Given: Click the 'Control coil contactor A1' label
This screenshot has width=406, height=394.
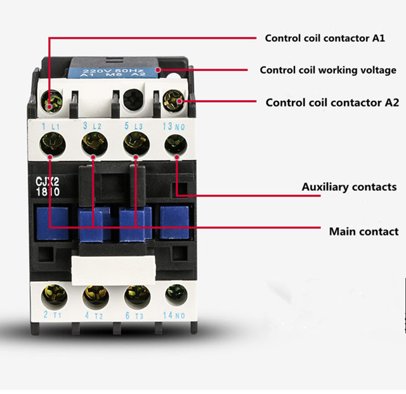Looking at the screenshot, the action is [325, 38].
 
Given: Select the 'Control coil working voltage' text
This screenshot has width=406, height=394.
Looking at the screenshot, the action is [328, 70].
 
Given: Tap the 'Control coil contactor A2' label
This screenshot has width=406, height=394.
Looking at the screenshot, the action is [332, 103].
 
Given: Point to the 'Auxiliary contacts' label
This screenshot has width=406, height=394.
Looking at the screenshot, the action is [349, 187].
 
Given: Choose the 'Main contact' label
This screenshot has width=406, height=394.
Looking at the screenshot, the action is [363, 232].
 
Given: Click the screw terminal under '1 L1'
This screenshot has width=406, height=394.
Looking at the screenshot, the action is [53, 144].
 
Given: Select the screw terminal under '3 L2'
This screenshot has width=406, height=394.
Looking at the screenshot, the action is [95, 144].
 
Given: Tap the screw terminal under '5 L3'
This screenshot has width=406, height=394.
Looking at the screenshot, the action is [136, 144].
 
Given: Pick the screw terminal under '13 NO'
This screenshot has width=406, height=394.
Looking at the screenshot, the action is [176, 145].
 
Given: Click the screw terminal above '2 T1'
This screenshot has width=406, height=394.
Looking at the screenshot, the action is [54, 297].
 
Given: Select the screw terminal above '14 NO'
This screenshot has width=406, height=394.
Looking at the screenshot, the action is [176, 295].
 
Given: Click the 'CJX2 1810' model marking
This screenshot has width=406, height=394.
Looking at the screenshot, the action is [48, 187].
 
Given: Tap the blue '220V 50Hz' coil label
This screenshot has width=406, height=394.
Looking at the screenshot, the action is [113, 72].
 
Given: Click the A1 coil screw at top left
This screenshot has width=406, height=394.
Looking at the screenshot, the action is [52, 102].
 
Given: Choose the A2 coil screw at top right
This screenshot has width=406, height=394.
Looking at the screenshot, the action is [173, 101].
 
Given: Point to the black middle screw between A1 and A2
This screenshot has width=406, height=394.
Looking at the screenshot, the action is [133, 100].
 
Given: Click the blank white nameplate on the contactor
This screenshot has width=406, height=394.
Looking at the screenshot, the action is [114, 270].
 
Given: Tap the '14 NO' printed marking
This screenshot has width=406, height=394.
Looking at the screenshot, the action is [174, 315].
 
